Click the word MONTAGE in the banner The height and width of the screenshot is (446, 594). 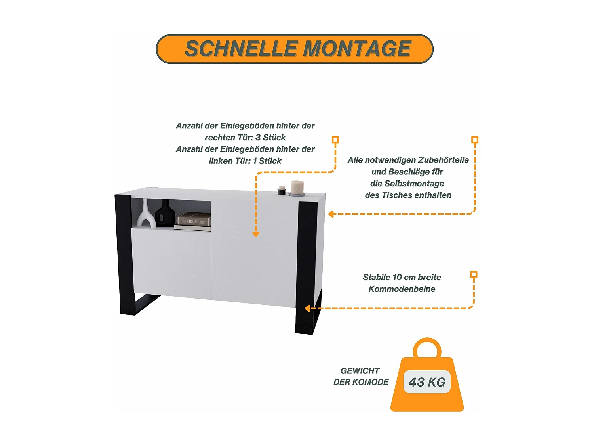click(x=357, y=49)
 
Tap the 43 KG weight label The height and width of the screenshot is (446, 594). click(x=427, y=382)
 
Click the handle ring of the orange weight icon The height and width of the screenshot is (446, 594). click(x=427, y=347)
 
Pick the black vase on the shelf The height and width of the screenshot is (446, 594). click(x=165, y=214)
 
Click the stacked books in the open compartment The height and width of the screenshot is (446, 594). click(x=193, y=222)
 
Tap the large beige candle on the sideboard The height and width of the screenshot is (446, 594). click(x=297, y=188)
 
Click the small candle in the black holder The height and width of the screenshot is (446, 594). click(x=282, y=190)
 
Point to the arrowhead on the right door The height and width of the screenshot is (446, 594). click(x=256, y=234)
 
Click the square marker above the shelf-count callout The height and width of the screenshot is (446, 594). click(x=335, y=140)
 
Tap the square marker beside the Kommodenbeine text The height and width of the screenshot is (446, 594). click(x=474, y=274)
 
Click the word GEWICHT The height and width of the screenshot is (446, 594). click(x=360, y=371)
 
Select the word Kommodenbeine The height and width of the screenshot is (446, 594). click(x=402, y=289)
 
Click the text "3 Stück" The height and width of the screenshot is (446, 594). click(x=270, y=137)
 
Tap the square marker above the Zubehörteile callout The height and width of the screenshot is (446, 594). click(x=475, y=140)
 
